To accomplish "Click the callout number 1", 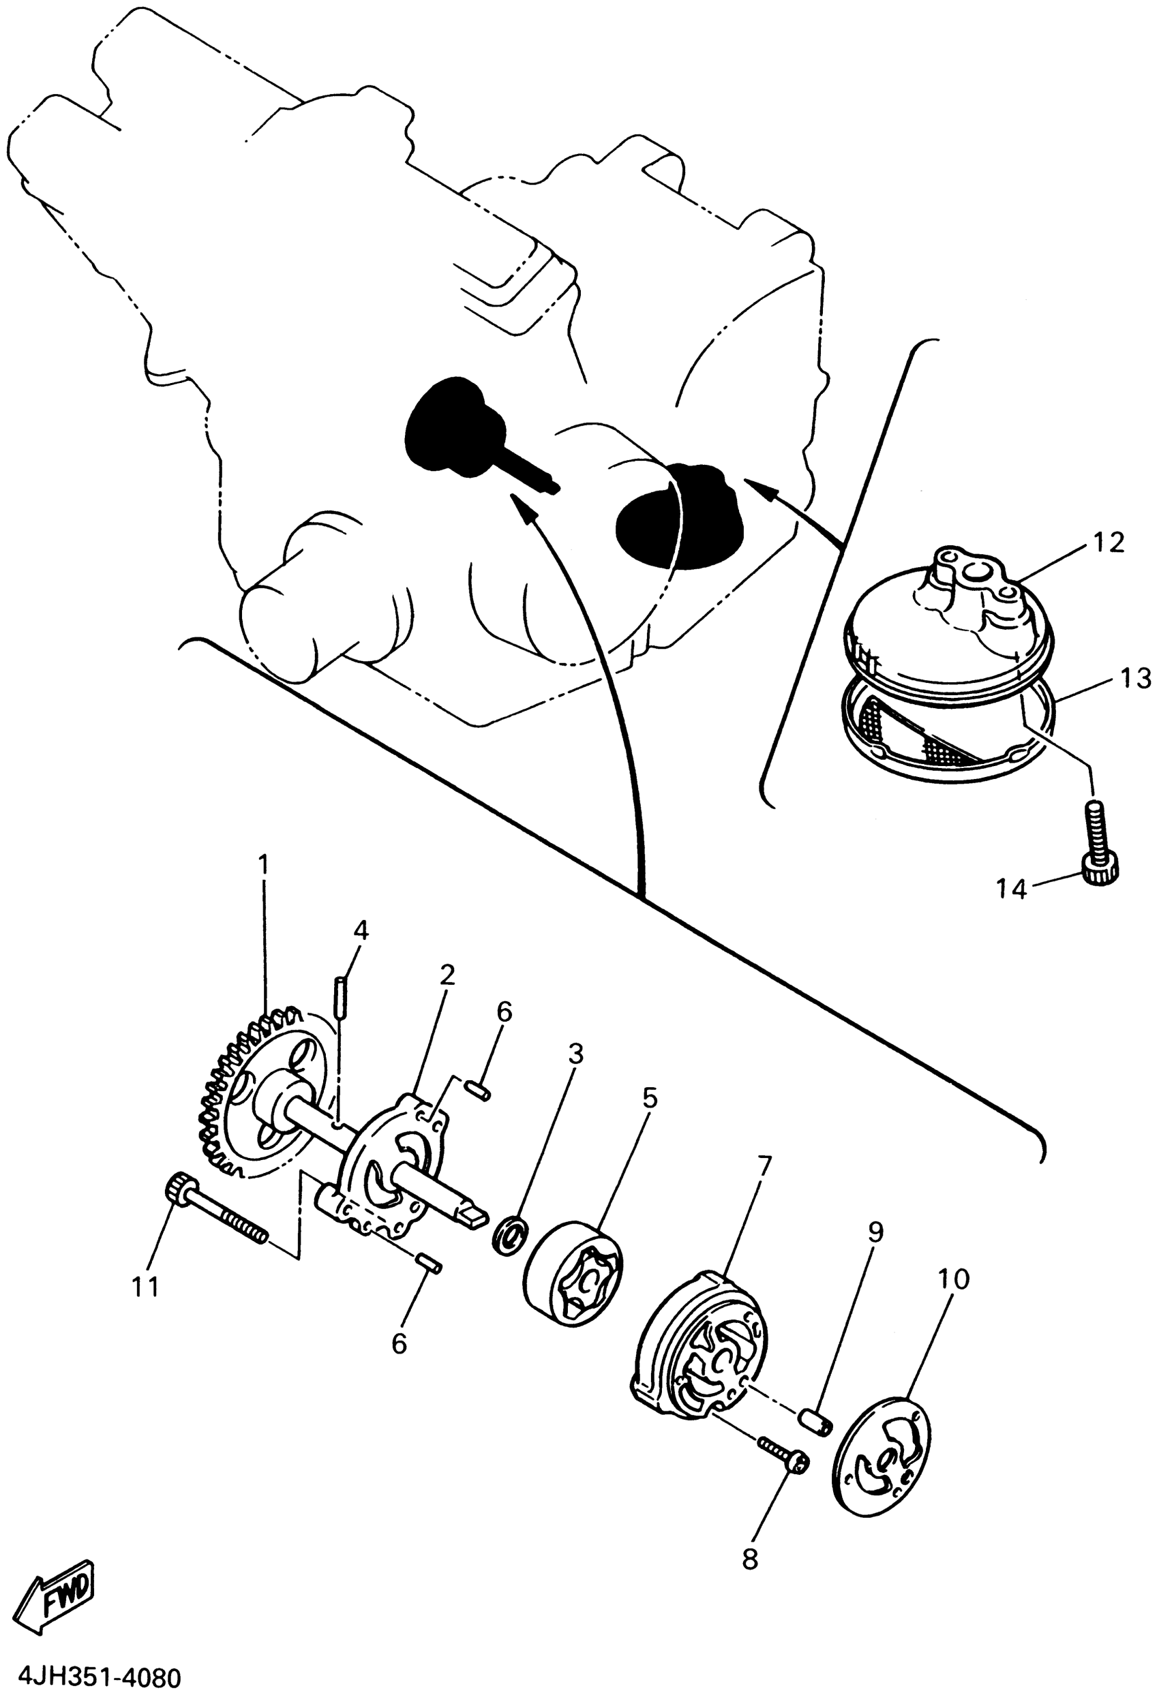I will pyautogui.click(x=263, y=866).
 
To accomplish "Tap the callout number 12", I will pyautogui.click(x=1109, y=543).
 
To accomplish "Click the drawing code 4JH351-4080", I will pyautogui.click(x=91, y=1677).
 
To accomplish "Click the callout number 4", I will pyautogui.click(x=361, y=930).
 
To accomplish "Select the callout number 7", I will pyautogui.click(x=763, y=1165).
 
